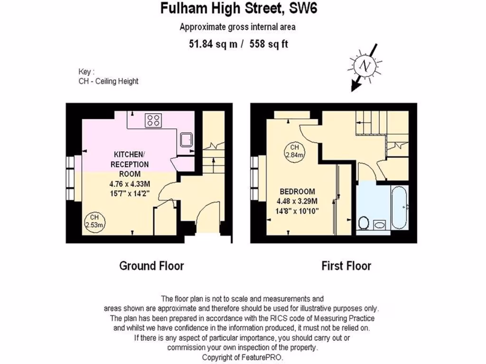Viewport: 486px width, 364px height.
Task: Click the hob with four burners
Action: point(153,120)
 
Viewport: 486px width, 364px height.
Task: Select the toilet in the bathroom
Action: point(364,222)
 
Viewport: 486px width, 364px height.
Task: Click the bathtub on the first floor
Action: point(399,207)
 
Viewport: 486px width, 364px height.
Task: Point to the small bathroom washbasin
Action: point(380,225)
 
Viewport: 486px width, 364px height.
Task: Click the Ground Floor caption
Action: point(151,265)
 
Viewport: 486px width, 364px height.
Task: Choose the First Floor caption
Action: point(346,265)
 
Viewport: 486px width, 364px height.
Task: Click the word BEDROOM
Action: point(297,191)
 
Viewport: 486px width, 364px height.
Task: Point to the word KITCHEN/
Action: point(128,155)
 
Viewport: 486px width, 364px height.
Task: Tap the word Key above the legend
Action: point(84,72)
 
